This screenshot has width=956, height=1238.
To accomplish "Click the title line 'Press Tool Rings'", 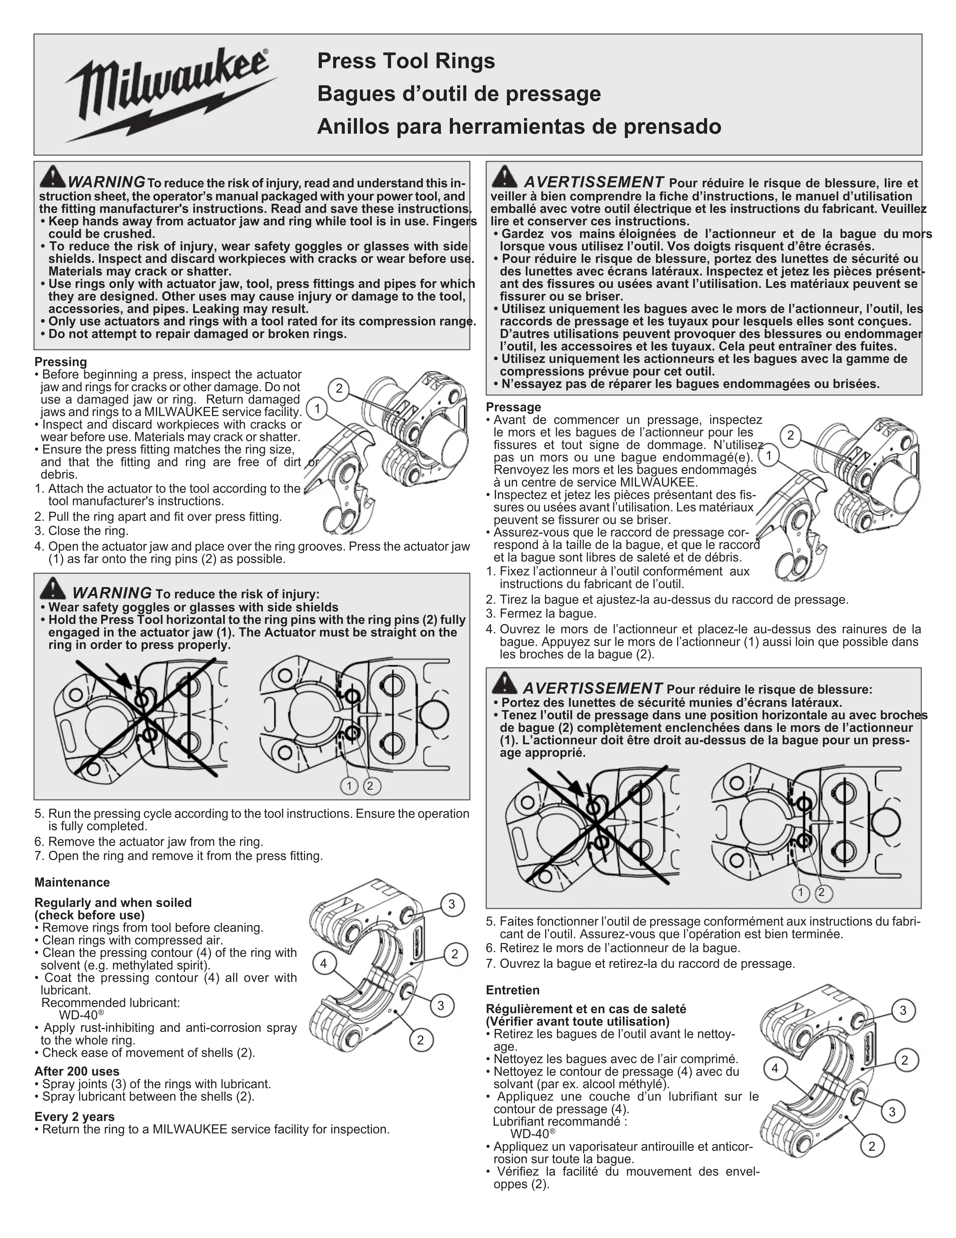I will (406, 61).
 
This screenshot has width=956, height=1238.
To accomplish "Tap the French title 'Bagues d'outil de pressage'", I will (459, 93).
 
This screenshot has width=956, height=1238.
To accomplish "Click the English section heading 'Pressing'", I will (61, 362).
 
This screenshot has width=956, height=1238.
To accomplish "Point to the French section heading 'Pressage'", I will (513, 407).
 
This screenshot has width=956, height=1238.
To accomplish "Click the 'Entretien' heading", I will (512, 990).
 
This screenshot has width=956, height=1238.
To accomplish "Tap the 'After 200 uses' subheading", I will (76, 1071).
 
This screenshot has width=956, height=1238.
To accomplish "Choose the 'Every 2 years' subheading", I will (74, 1117).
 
